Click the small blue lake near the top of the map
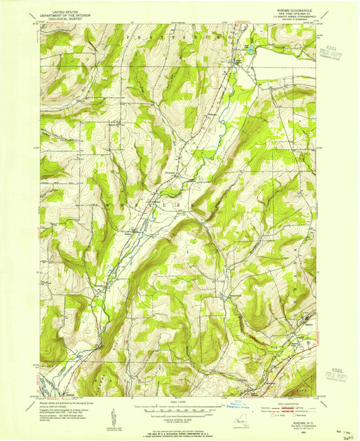(x=249, y=49)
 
